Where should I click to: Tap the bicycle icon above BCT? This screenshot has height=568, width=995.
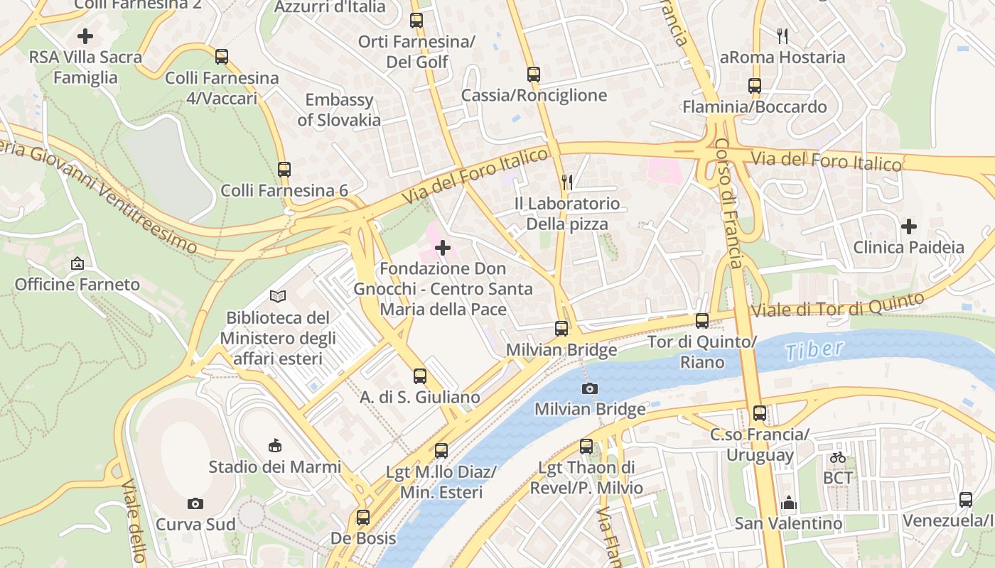(x=838, y=457)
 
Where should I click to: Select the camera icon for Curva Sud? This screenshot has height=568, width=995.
(x=195, y=503)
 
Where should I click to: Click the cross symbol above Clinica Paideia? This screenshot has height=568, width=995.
(x=908, y=226)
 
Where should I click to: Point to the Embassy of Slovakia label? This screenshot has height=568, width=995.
(x=339, y=110)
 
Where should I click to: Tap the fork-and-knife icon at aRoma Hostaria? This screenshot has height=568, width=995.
(x=782, y=35)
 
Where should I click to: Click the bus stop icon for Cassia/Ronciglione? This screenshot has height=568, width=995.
(x=534, y=74)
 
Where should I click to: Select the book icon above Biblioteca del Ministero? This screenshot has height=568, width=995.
(x=278, y=296)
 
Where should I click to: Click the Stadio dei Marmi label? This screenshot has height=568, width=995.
(x=274, y=467)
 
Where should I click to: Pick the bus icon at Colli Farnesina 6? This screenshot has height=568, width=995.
(x=284, y=169)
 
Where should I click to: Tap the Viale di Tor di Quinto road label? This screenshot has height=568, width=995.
(x=837, y=305)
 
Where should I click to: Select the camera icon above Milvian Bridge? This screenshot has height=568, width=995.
(x=589, y=388)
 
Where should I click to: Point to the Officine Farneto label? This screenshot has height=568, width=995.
(x=77, y=285)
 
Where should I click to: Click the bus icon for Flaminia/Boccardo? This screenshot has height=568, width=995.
(x=754, y=86)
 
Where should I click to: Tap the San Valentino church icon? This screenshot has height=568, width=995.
(x=788, y=503)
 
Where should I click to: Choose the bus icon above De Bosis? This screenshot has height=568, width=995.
(x=363, y=517)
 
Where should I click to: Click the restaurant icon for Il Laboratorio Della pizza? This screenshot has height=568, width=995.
(x=566, y=182)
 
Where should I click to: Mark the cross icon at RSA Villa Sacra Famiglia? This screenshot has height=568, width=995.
(x=85, y=35)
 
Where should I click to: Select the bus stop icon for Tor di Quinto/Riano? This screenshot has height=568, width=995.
(x=702, y=320)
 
